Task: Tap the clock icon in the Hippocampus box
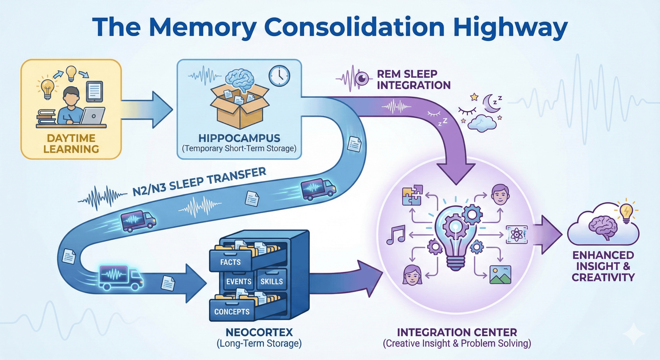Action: (x=279, y=76)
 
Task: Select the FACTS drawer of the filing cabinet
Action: (x=230, y=262)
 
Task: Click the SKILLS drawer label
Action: (x=271, y=281)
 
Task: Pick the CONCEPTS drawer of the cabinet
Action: (x=232, y=312)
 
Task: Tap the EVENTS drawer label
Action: (x=239, y=281)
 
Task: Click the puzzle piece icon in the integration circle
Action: (x=412, y=195)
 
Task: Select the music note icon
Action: (x=396, y=235)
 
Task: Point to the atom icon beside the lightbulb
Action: (x=517, y=234)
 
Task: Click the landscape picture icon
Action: (x=500, y=275)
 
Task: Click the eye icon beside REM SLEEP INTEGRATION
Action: (x=362, y=78)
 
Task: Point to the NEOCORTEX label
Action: (x=259, y=332)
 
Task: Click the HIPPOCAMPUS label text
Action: (x=239, y=138)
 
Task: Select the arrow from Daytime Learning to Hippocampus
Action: (x=147, y=110)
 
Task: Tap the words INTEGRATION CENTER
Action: (x=457, y=332)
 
